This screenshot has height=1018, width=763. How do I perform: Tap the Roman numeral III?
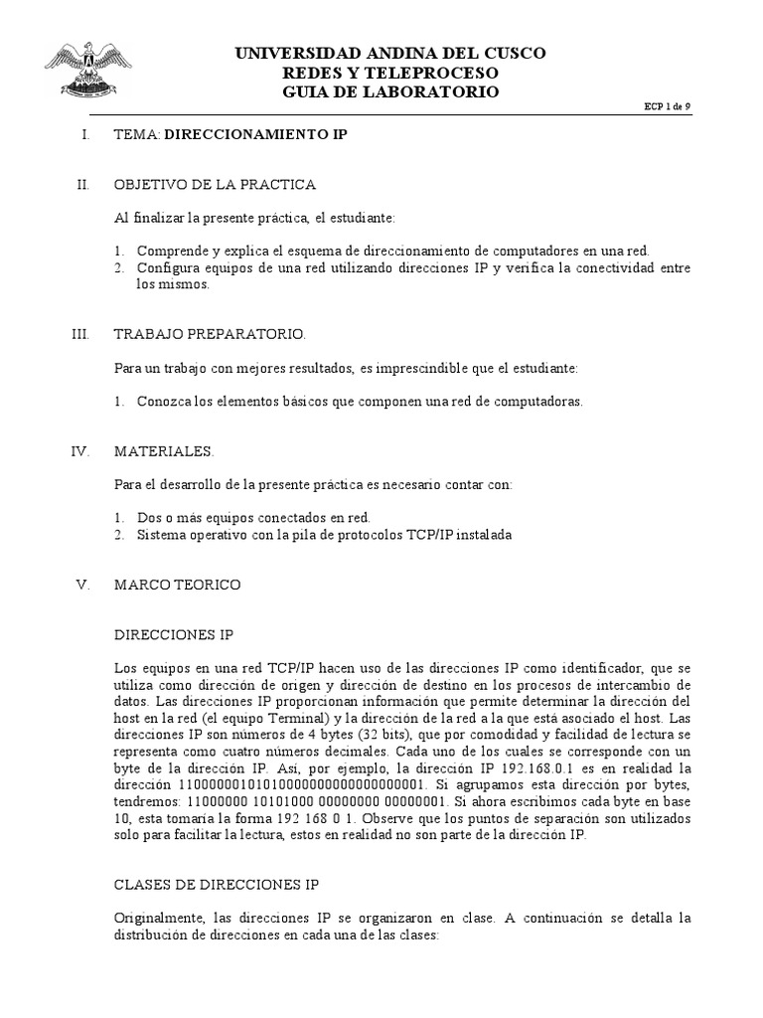coord(81,335)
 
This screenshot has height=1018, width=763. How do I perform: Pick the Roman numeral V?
coord(83,585)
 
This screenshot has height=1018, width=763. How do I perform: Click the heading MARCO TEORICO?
coord(178,585)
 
